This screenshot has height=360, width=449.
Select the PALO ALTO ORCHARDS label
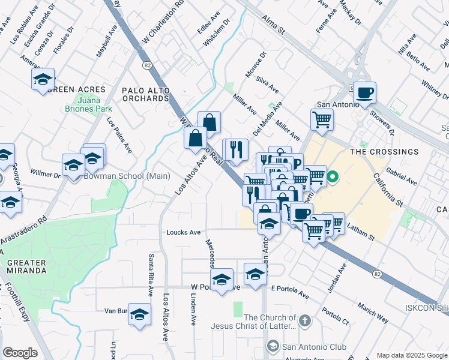pyautogui.click(x=145, y=94)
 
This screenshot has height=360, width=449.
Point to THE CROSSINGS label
pyautogui.click(x=384, y=152)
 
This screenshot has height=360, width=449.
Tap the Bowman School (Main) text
pyautogui.click(x=127, y=176)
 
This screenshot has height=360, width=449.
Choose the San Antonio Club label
pyautogui.click(x=306, y=347)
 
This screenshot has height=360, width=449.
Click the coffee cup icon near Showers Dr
pyautogui.click(x=364, y=93)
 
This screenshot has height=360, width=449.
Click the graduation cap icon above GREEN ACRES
pyautogui.click(x=43, y=79)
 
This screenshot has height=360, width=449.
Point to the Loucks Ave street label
pyautogui.click(x=183, y=232)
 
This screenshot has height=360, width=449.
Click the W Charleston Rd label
pyautogui.click(x=162, y=23)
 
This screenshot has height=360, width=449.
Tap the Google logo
pyautogui.click(x=20, y=353)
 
